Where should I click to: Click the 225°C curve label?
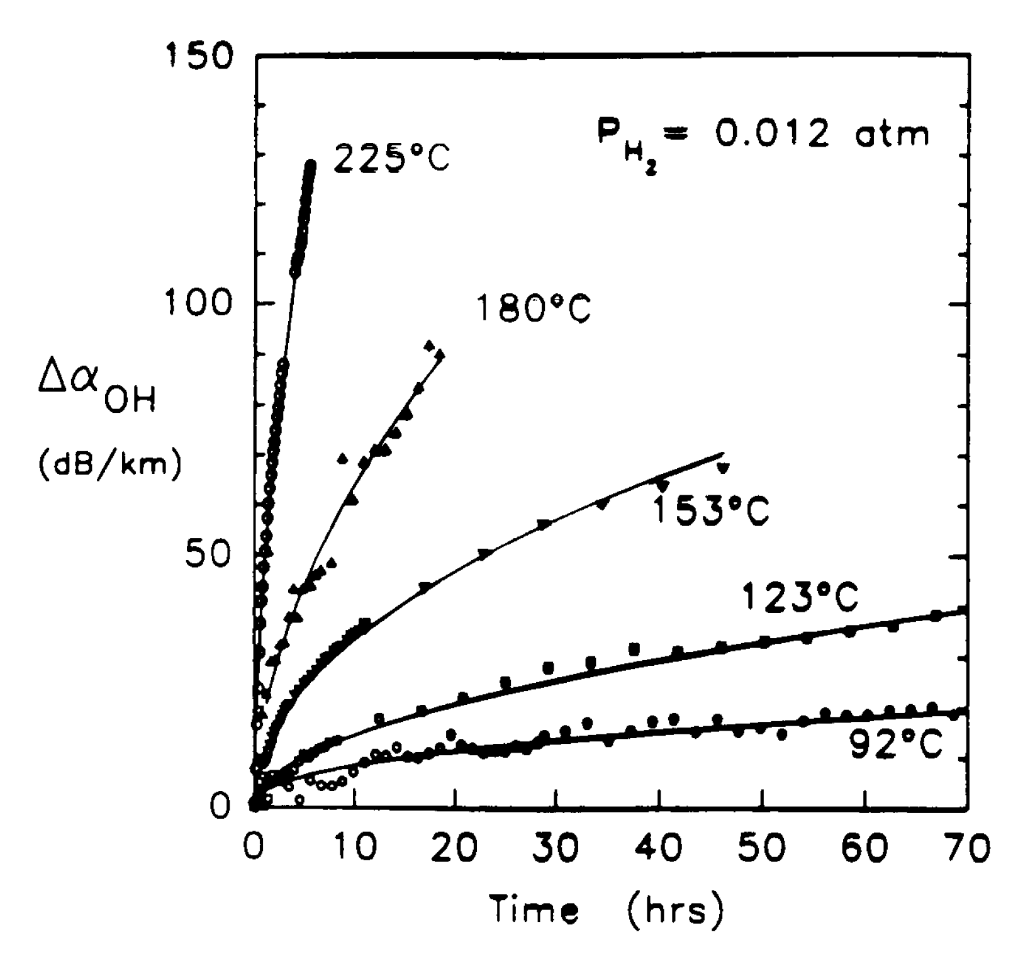point(391,157)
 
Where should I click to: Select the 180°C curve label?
point(534,308)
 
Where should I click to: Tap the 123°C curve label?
point(800,596)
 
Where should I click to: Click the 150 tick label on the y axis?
point(198,55)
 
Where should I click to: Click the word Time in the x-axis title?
point(534,909)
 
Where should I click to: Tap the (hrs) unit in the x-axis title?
point(675,909)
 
